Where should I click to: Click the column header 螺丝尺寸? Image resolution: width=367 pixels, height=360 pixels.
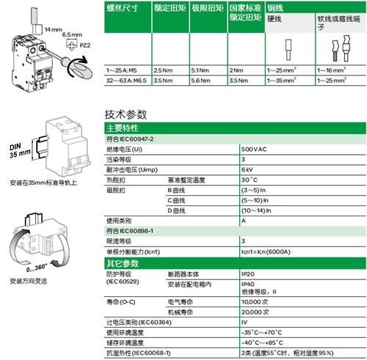point(121,12)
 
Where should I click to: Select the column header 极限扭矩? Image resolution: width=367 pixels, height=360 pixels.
point(187,12)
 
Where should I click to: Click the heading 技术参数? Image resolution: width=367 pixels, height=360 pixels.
point(126,114)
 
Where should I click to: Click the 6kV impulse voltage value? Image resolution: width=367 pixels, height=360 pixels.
point(247,169)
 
